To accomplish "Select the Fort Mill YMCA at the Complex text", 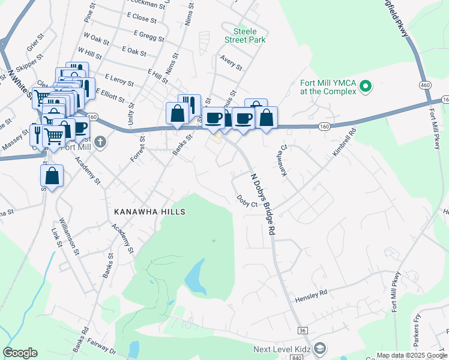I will click(x=329, y=87).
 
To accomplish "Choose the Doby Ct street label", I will click(x=247, y=200).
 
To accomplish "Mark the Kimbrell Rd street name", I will click(x=345, y=142).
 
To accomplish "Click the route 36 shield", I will click(x=302, y=330).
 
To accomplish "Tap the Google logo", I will click(x=20, y=353).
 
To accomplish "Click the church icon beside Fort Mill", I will click(x=100, y=142).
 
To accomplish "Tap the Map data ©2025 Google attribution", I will click(x=411, y=355).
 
